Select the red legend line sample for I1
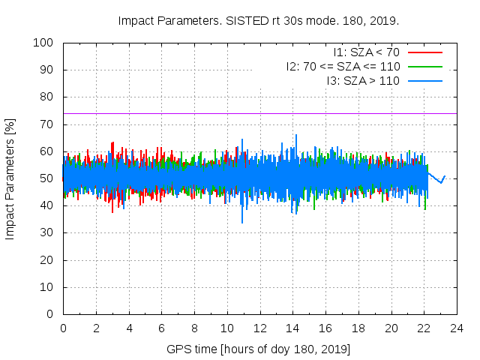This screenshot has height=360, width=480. coord(425,52)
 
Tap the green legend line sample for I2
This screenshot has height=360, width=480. coord(425,67)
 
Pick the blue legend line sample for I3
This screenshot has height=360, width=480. coord(425,81)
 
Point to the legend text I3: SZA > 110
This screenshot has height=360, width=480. coord(363,81)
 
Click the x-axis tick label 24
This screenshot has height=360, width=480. coord(457,328)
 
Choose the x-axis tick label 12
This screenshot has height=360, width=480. coord(259,328)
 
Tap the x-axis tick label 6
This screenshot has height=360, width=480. coord(161,328)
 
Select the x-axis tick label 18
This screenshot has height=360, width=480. coord(358,328)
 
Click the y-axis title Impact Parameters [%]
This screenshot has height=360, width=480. coord(10,178)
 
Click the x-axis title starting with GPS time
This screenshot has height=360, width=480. coord(259,349)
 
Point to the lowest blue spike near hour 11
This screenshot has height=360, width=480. coord(242,220)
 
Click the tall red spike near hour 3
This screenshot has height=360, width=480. coord(112,145)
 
